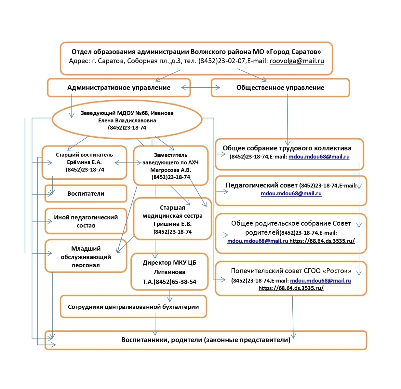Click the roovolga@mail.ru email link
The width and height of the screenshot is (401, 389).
click(x=297, y=61)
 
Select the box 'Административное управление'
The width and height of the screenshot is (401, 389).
click(x=119, y=88)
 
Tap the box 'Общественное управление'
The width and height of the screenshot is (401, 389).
click(x=280, y=88)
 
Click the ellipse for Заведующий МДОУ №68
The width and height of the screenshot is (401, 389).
click(x=127, y=120)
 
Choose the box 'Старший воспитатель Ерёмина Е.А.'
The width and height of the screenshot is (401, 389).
click(x=84, y=162)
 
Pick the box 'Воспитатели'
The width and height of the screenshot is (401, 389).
click(x=86, y=193)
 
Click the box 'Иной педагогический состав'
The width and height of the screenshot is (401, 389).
click(x=86, y=221)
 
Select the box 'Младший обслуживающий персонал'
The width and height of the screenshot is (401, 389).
click(x=86, y=256)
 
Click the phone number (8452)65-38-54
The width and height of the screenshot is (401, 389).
click(x=175, y=282)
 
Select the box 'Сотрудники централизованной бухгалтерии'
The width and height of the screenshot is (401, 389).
click(x=134, y=307)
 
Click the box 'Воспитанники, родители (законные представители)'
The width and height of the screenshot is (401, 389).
click(x=206, y=340)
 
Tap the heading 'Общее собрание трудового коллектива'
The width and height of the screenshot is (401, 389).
click(x=287, y=148)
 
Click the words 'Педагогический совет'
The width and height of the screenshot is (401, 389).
click(x=261, y=185)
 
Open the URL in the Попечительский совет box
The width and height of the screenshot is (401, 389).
click(x=291, y=288)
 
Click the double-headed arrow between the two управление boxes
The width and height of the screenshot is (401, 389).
click(x=200, y=88)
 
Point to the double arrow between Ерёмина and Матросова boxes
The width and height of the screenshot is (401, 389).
click(x=128, y=163)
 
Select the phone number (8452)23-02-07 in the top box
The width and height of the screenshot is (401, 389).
click(x=222, y=61)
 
